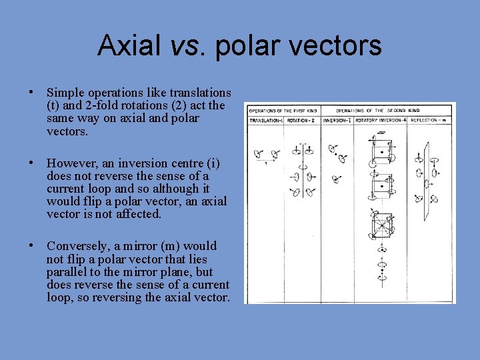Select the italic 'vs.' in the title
coord(182,45)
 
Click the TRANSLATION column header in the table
coord(266,121)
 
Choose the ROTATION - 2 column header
coord(303,121)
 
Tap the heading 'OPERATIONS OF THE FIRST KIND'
coord(283,110)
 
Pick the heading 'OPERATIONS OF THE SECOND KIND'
coord(377,110)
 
